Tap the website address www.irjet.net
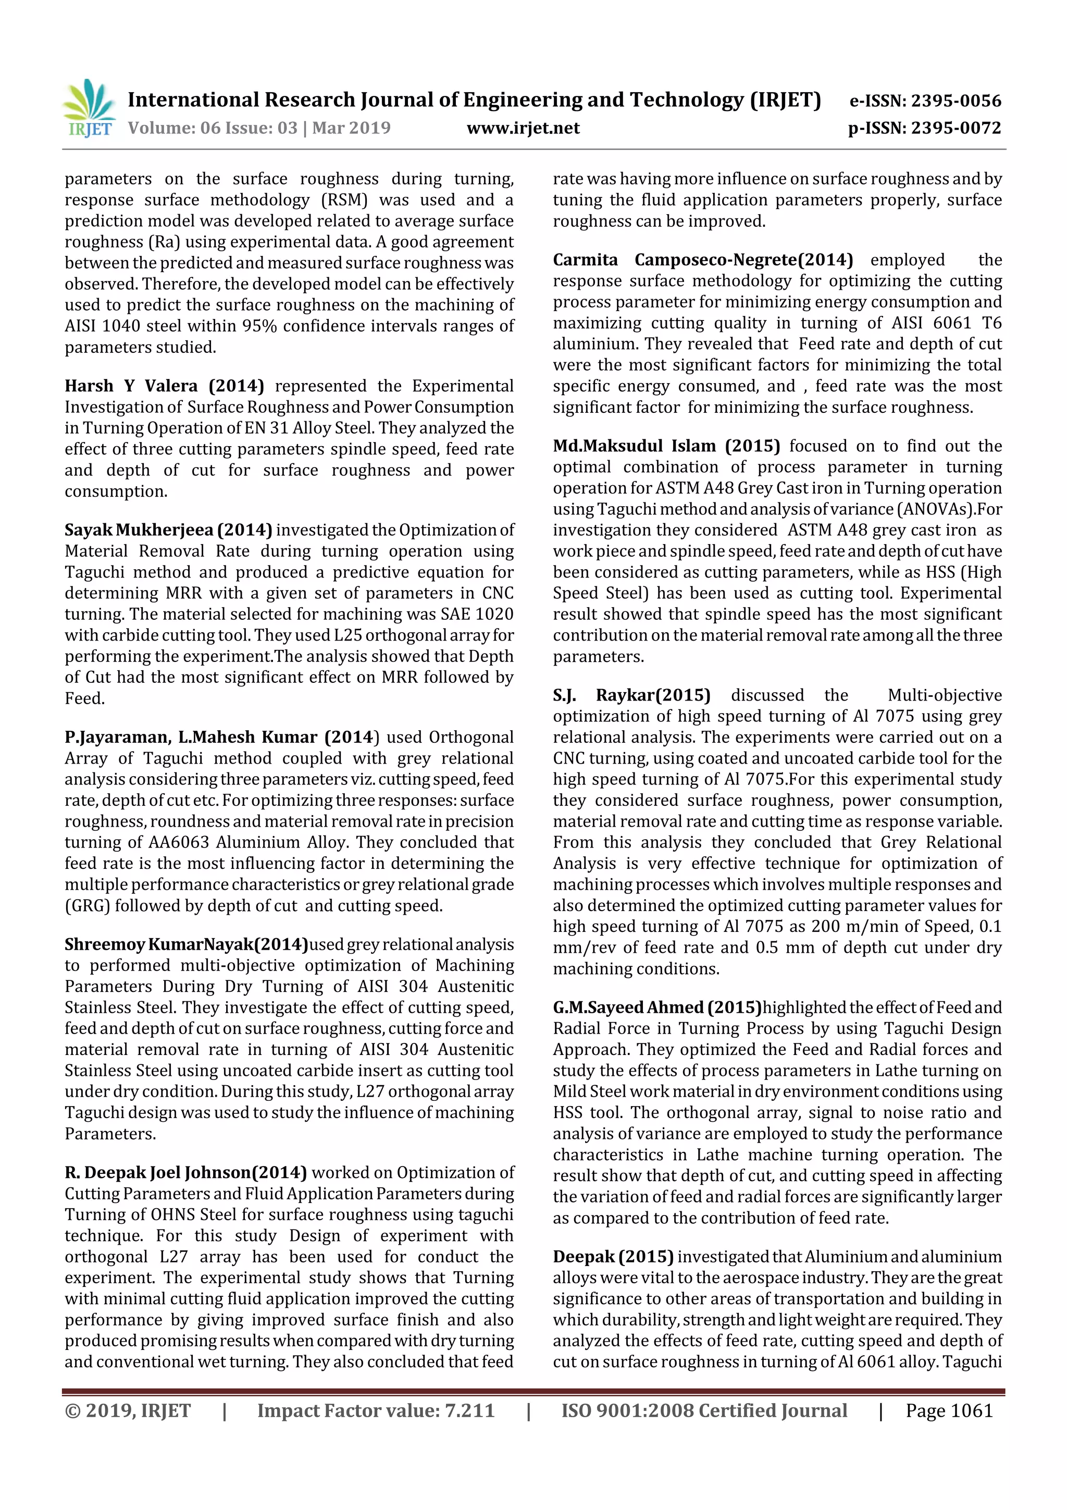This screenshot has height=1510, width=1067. click(x=523, y=128)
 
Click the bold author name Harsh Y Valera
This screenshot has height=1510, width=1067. click(x=131, y=386)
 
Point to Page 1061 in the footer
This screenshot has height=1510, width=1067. click(x=949, y=1410)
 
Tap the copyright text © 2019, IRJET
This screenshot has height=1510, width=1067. click(x=128, y=1410)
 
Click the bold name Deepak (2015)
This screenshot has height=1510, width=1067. click(x=613, y=1257)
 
